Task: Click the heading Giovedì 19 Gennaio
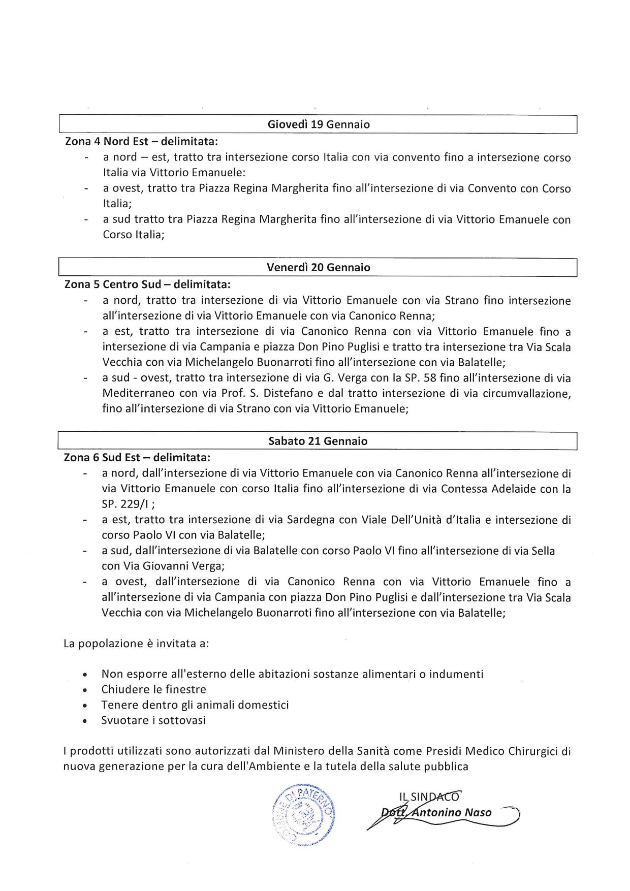[319, 124]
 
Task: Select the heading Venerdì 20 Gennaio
[319, 268]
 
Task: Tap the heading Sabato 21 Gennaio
[318, 441]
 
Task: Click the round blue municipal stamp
[304, 815]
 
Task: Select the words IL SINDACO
[430, 797]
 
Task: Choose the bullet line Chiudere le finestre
[153, 689]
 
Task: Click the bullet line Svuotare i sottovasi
[153, 720]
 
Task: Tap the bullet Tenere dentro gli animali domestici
[195, 705]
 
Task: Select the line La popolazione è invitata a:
[136, 644]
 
